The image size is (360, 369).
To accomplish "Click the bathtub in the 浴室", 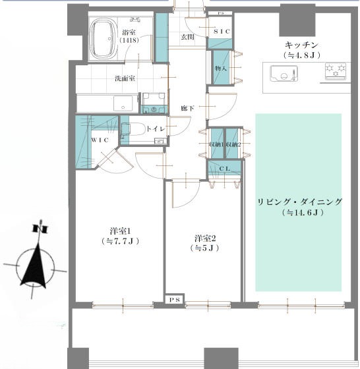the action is (x=104, y=39).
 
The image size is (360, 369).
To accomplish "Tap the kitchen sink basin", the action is (x=284, y=73).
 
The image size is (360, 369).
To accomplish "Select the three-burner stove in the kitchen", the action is (x=336, y=71).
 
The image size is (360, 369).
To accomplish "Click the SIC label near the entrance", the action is (x=222, y=32).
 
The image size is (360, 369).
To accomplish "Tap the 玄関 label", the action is (x=187, y=37).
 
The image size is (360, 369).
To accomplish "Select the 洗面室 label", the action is (x=125, y=78).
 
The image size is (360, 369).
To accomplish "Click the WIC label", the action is (x=100, y=140).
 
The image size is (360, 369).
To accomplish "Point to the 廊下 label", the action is (x=188, y=108).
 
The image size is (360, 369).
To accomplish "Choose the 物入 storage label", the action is (x=221, y=69).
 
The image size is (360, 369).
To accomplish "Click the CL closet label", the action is (x=224, y=169).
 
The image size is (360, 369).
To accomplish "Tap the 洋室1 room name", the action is (x=120, y=231).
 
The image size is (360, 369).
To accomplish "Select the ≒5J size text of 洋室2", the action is (x=204, y=248).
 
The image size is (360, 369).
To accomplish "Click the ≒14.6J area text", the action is (x=303, y=213).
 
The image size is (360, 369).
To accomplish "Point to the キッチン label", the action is (x=301, y=45).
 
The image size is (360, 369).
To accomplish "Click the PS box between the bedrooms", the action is (x=175, y=300).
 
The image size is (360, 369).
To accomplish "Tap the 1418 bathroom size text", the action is (x=129, y=40).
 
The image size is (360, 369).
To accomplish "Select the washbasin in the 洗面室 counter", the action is (x=123, y=103).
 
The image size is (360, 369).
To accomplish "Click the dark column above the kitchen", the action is (x=297, y=23).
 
